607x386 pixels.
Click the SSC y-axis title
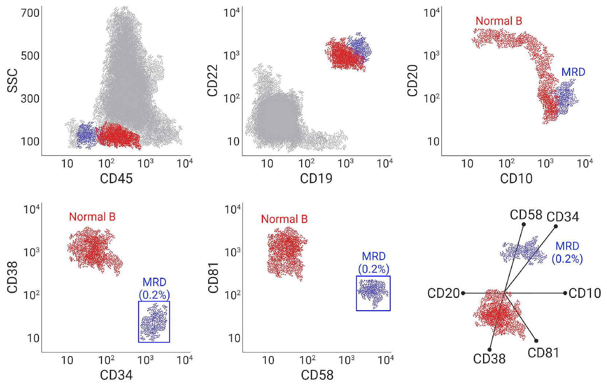click(12, 81)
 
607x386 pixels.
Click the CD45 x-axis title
click(116, 179)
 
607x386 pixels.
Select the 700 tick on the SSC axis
click(30, 13)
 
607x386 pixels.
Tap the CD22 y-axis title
click(213, 81)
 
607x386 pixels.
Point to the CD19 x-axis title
click(316, 179)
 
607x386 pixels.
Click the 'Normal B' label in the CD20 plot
click(499, 21)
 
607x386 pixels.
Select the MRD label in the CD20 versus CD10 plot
click(573, 72)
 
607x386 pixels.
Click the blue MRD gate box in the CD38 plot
click(154, 321)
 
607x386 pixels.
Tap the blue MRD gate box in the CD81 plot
click(373, 293)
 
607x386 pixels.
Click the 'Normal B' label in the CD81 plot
click(284, 219)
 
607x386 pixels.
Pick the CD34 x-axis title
click(116, 375)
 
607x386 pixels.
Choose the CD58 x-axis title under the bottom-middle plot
click(317, 375)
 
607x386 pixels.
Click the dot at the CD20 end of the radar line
click(463, 293)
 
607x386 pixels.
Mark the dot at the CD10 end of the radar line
click(565, 293)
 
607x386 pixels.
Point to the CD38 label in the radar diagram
click(489, 359)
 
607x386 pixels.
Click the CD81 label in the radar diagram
click(543, 353)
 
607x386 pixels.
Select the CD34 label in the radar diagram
click(563, 217)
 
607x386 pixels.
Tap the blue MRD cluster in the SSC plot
click(86, 135)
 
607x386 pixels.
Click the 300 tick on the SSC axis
click(30, 99)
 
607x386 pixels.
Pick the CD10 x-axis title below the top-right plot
click(516, 179)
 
